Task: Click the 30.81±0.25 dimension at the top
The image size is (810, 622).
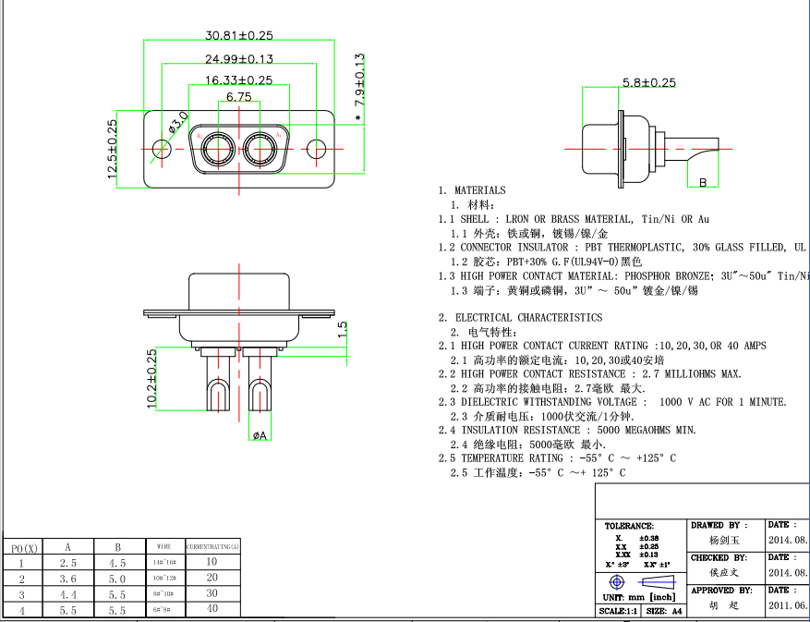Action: pyautogui.click(x=239, y=35)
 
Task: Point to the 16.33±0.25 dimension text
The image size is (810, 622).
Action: pyautogui.click(x=238, y=80)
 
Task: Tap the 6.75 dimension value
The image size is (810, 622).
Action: pyautogui.click(x=238, y=97)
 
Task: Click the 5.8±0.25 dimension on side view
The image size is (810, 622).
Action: pyautogui.click(x=648, y=82)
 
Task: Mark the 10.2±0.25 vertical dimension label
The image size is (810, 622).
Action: pyautogui.click(x=151, y=379)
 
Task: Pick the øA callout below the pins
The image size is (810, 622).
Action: pyautogui.click(x=259, y=435)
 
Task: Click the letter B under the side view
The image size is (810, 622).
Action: pyautogui.click(x=703, y=183)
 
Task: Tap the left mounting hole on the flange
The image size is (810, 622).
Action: pyautogui.click(x=161, y=148)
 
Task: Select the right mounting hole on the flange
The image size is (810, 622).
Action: pyautogui.click(x=317, y=148)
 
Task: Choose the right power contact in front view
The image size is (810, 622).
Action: pyautogui.click(x=261, y=148)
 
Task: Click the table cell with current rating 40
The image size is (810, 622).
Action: pyautogui.click(x=212, y=609)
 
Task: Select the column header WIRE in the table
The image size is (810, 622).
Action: pyautogui.click(x=163, y=547)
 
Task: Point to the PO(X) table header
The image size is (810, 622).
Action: pyautogui.click(x=24, y=548)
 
